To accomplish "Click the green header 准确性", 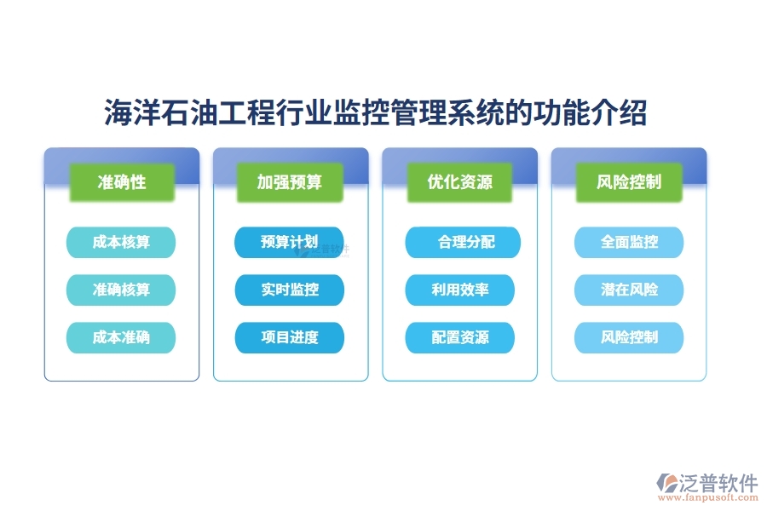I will coord(122,182).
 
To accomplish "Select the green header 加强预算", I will coord(290,182).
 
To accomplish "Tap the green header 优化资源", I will coord(459,182).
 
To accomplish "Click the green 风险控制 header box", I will coord(629,182).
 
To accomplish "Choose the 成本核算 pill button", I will coord(121,243).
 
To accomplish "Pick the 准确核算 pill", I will coord(121,290).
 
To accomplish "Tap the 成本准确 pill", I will coord(121,337).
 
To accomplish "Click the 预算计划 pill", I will coord(290,243).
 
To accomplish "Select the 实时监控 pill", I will coord(290,290).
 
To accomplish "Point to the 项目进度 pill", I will coord(290,337).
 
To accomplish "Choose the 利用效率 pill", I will coord(459,290).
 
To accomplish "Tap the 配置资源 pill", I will coord(459,337).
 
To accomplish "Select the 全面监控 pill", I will coord(629,243).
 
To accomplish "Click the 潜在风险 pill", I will coord(629,290).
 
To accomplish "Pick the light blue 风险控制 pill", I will coord(629,337).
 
